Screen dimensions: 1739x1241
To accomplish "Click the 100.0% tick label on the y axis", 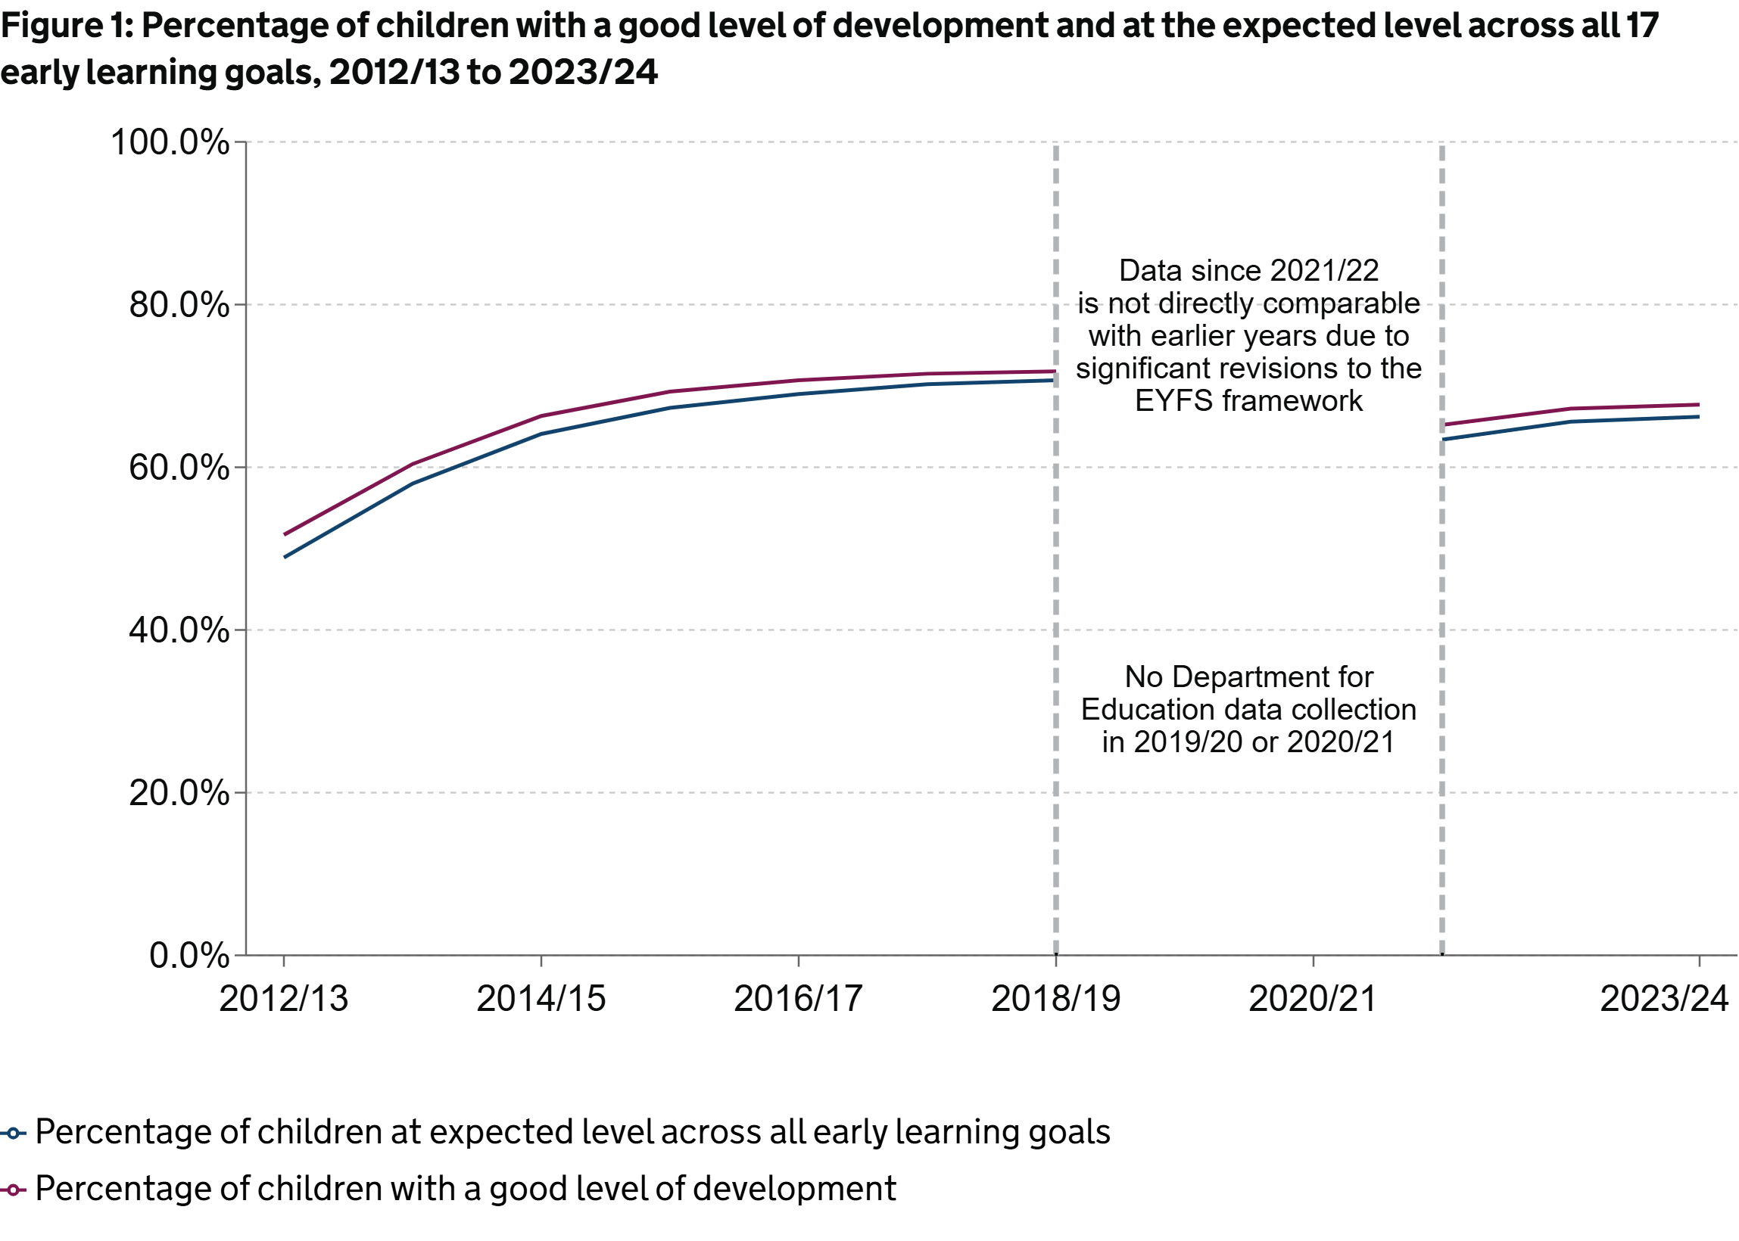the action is point(170,142).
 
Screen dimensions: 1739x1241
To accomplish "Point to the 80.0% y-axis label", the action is point(179,305).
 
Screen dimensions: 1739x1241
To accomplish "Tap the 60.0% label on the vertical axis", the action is point(179,468).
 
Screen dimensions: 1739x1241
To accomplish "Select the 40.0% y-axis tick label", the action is point(179,630).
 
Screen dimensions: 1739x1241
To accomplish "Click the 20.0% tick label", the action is point(179,793).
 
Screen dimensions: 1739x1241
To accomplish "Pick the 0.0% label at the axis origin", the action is point(189,956).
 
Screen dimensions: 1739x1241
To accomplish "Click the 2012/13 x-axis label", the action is point(284,999).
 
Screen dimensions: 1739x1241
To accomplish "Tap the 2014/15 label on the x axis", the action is point(541,999).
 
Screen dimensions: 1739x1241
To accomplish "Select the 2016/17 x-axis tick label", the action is point(799,999).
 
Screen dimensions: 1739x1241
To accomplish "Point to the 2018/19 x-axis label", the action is point(1056,999).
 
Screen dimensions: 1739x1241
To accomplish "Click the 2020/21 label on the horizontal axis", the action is point(1314,999).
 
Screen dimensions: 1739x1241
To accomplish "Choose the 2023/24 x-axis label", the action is point(1665,999).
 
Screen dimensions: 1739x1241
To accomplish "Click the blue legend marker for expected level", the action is point(13,1134).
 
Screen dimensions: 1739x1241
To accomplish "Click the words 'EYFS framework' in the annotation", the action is point(1249,401).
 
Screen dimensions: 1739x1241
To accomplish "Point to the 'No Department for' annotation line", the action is point(1249,677).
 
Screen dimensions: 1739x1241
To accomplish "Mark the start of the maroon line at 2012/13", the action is point(285,534).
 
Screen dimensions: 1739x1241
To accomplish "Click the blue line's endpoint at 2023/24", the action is point(1698,416).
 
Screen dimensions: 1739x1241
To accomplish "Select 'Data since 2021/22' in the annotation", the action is point(1249,270).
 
